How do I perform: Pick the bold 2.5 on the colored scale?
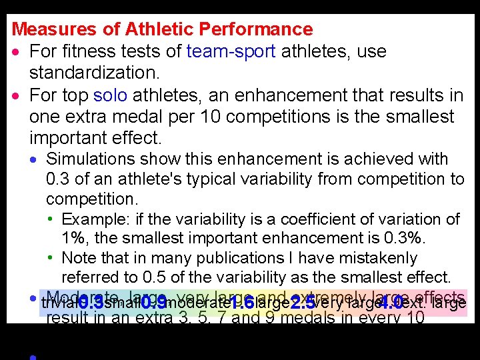pos(303,303)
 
